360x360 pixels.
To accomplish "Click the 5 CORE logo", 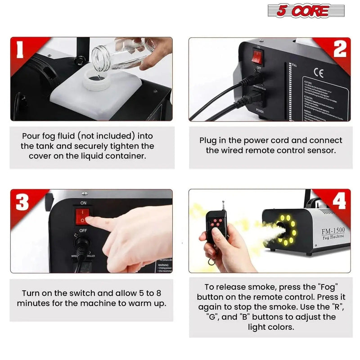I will pyautogui.click(x=299, y=11).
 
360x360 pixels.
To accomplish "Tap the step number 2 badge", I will pyautogui.click(x=339, y=50).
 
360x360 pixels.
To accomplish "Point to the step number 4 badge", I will pyautogui.click(x=339, y=201).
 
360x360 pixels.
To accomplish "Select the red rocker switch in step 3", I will pyautogui.click(x=84, y=216).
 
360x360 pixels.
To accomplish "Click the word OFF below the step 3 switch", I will pyautogui.click(x=83, y=230).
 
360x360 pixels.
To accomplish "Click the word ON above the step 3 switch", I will pyautogui.click(x=83, y=203).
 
